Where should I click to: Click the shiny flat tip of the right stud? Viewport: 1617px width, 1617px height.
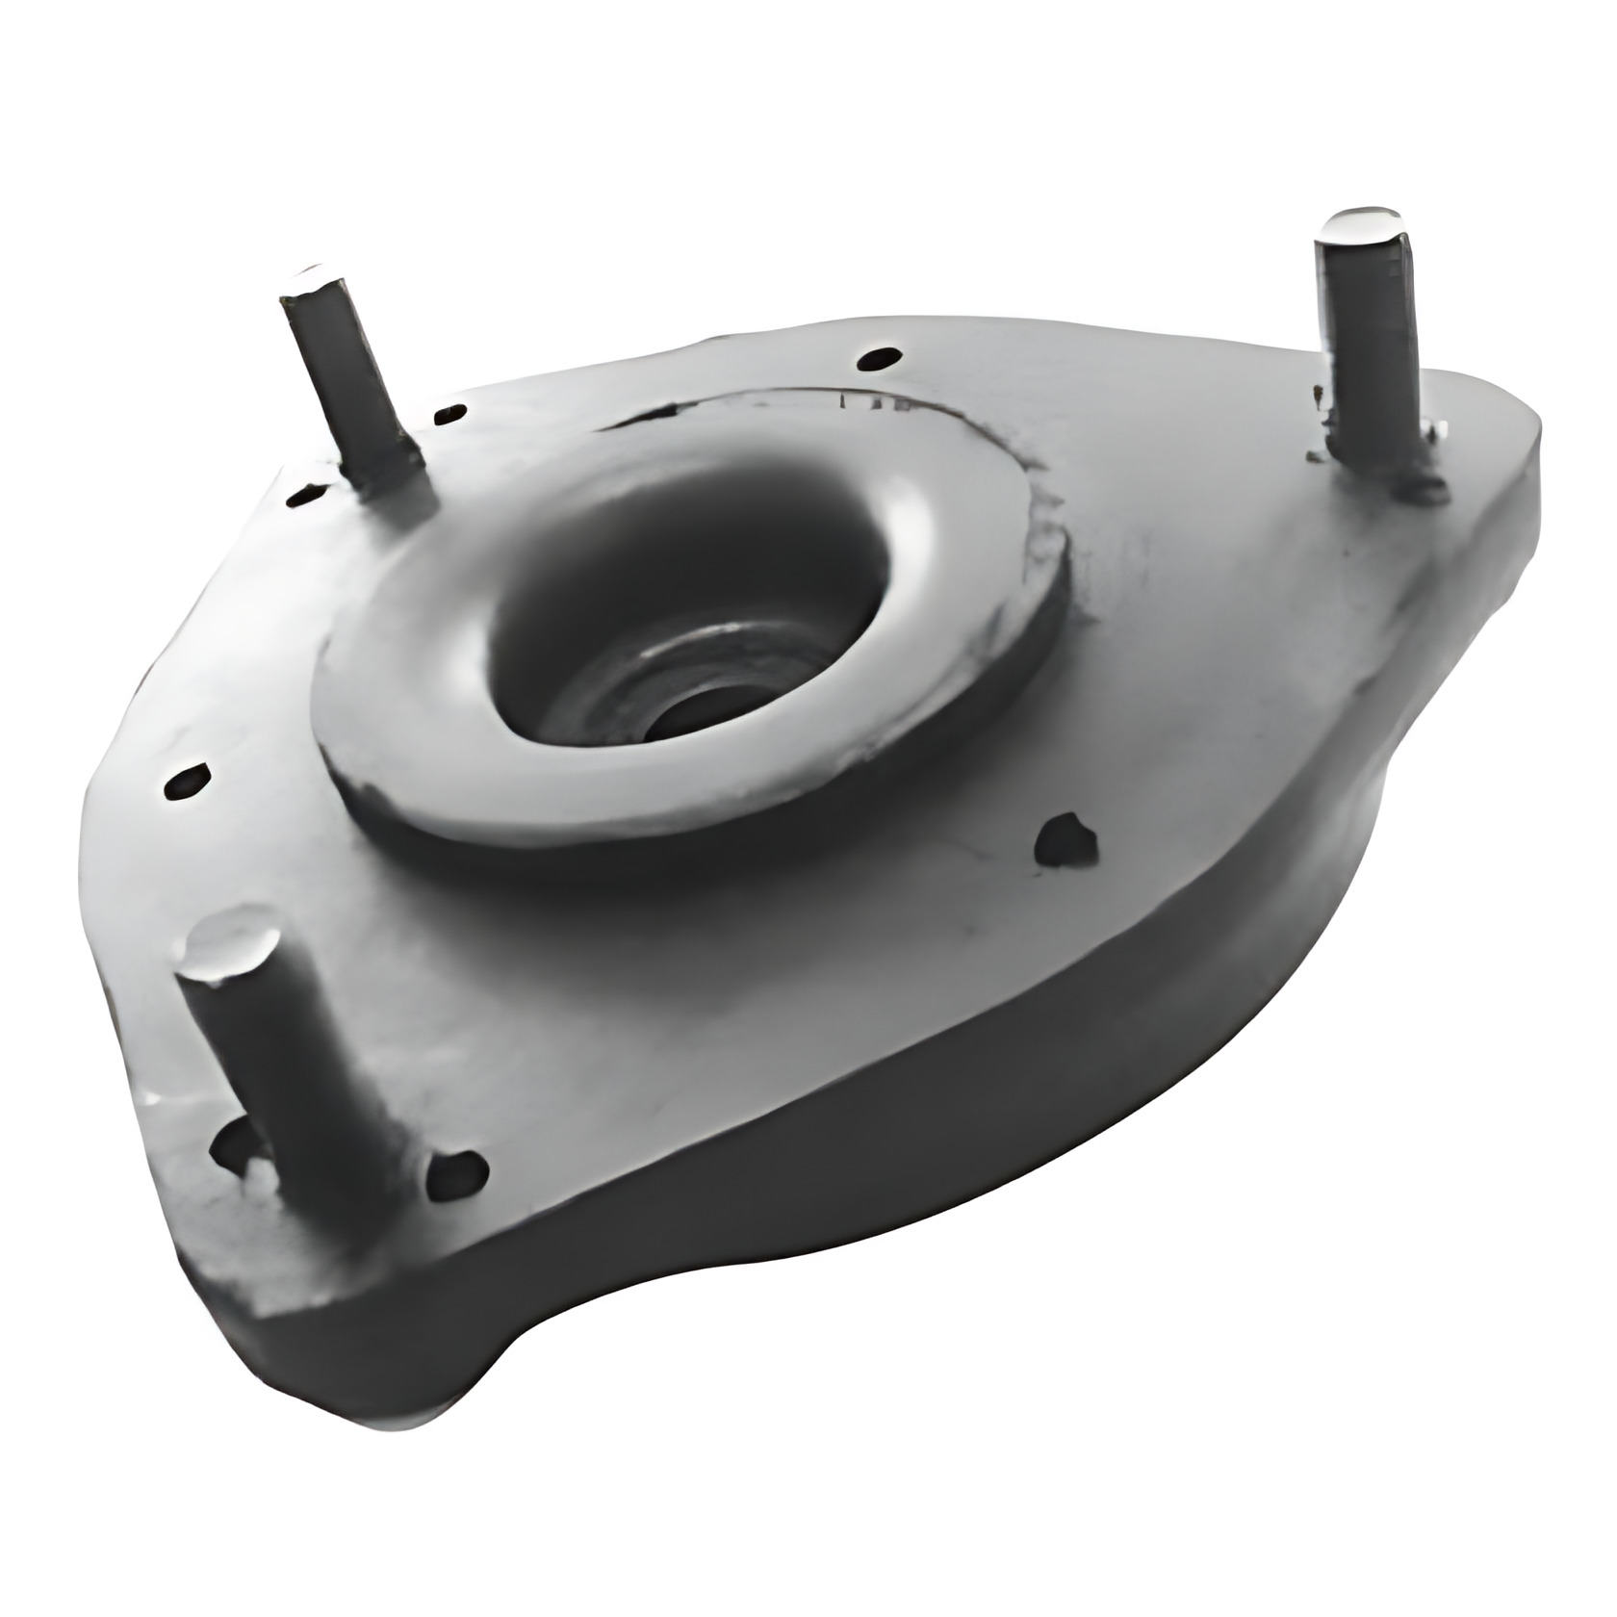click(1359, 227)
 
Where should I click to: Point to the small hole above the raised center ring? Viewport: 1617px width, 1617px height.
click(879, 358)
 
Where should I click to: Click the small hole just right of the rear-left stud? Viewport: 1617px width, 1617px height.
click(449, 415)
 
